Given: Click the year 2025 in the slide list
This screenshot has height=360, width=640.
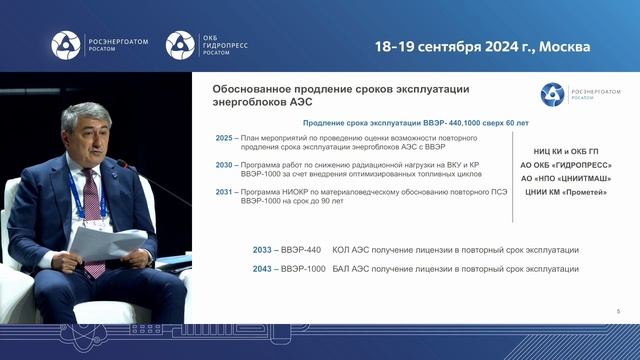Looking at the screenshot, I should pos(223,137).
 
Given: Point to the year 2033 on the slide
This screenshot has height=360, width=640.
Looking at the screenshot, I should pos(264,250).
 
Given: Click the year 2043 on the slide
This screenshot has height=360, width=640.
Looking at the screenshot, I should pos(264,269).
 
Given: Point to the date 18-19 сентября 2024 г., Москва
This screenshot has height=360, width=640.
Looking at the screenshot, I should pos(482,46).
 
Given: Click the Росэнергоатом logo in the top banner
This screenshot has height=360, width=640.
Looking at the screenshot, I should pos(100,45).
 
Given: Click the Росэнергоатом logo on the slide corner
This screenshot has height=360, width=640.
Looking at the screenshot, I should pos(578,94).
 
